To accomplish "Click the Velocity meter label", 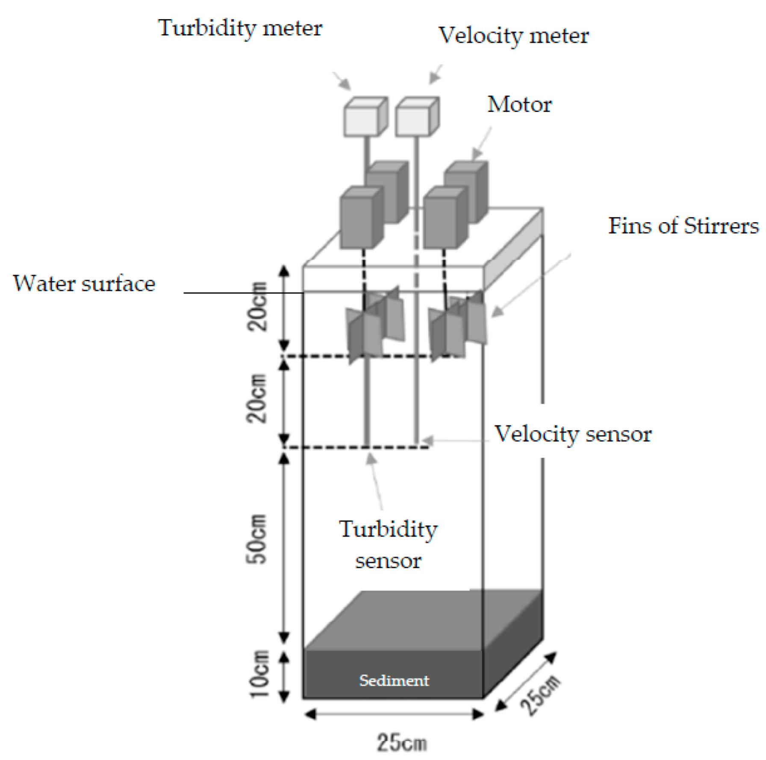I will click(x=513, y=36).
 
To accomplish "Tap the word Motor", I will click(x=519, y=105).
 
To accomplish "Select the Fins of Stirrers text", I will click(x=683, y=226).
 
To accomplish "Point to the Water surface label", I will click(x=84, y=284).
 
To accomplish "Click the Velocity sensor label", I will click(x=573, y=434).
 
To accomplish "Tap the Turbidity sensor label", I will click(x=388, y=545).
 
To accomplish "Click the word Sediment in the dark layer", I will click(x=394, y=681).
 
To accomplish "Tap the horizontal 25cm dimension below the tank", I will click(x=402, y=742).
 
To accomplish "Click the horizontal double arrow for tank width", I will click(x=394, y=714).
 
